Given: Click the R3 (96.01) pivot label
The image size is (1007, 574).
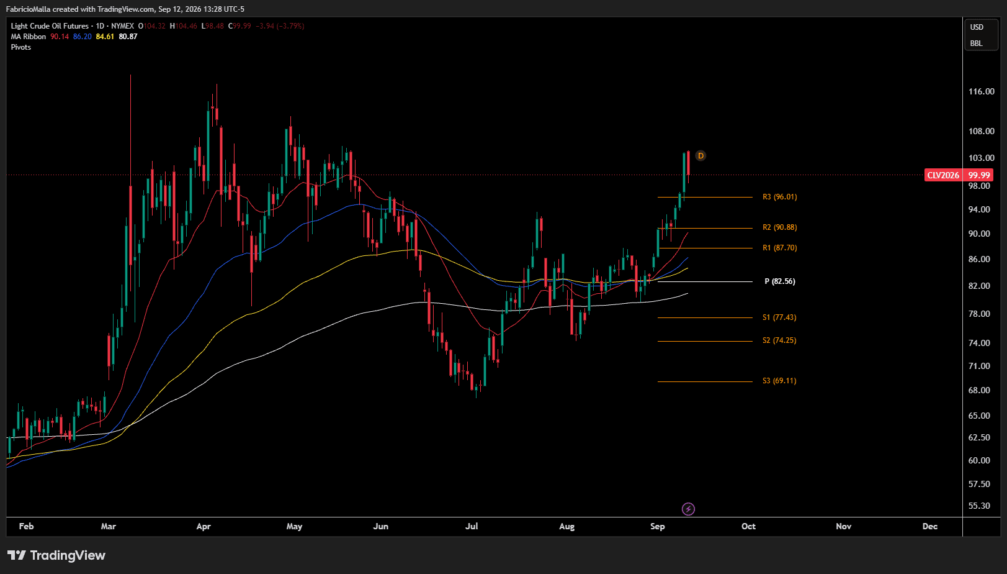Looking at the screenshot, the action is (x=779, y=197).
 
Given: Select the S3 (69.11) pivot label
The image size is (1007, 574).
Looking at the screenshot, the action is (x=779, y=380).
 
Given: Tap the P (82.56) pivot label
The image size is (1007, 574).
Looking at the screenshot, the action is (x=780, y=281).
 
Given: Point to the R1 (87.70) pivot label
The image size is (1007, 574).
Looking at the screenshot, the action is (x=779, y=248).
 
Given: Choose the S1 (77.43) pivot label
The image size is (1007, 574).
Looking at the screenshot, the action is (x=779, y=317).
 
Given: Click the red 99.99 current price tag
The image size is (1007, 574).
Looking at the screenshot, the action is (x=979, y=175).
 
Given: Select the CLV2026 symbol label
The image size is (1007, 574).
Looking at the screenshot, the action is (x=943, y=175).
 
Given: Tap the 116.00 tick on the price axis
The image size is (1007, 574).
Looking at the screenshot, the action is (x=982, y=91).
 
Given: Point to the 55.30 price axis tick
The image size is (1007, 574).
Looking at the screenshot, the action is (x=979, y=506).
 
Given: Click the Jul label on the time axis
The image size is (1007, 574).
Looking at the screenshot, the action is (x=472, y=526).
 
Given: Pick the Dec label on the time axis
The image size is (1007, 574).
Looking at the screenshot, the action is (x=929, y=526).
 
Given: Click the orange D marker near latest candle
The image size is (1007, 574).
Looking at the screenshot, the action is (x=700, y=156).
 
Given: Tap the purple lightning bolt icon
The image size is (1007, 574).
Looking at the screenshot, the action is (x=688, y=509).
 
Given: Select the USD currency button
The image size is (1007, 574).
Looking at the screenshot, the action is (x=977, y=27).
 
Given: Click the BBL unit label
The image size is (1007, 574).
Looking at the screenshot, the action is (x=976, y=43).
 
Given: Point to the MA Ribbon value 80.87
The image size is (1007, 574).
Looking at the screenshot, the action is (x=128, y=37).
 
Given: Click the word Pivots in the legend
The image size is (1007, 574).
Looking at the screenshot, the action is (x=20, y=47).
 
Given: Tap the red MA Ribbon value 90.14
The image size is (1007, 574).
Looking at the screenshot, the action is (x=60, y=37).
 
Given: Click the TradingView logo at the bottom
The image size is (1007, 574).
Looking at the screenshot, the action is (x=56, y=555).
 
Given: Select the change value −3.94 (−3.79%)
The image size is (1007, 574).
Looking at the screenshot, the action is (x=280, y=26).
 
